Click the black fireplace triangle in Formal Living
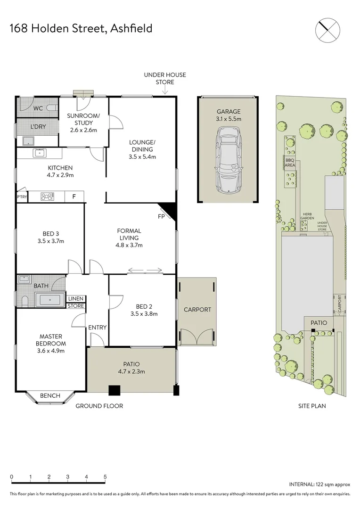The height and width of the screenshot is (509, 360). click(168, 210)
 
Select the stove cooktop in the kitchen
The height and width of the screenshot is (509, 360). click(48, 197)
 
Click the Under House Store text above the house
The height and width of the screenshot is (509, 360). click(165, 78)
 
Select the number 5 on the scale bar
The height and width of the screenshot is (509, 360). click(105, 476)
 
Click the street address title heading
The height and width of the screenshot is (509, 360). click(81, 28)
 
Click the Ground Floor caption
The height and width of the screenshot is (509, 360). click(99, 405)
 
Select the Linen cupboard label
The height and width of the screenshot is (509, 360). click(76, 299)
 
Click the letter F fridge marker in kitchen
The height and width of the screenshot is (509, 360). click(74, 197)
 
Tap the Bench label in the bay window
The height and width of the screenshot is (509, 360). click(50, 395)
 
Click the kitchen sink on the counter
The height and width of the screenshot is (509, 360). click(40, 152)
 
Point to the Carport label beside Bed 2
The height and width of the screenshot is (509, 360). click(198, 310)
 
